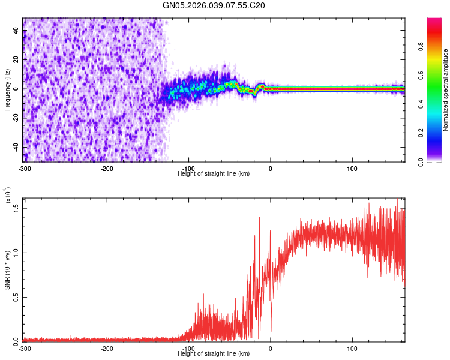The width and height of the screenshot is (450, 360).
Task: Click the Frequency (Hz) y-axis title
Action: point(8,89)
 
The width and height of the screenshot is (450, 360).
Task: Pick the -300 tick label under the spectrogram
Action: point(25,169)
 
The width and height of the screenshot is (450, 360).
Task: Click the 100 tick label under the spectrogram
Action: point(352,169)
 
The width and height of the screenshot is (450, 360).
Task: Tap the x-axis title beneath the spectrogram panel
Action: point(214,174)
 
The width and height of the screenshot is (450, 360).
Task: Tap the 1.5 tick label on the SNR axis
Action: point(16,207)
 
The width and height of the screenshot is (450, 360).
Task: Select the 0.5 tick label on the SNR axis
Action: point(16,296)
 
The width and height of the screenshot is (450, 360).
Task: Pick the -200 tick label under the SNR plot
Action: point(107,349)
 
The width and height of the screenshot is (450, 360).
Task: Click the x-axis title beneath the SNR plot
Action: point(214,354)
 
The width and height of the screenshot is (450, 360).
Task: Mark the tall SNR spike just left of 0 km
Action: point(260,218)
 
